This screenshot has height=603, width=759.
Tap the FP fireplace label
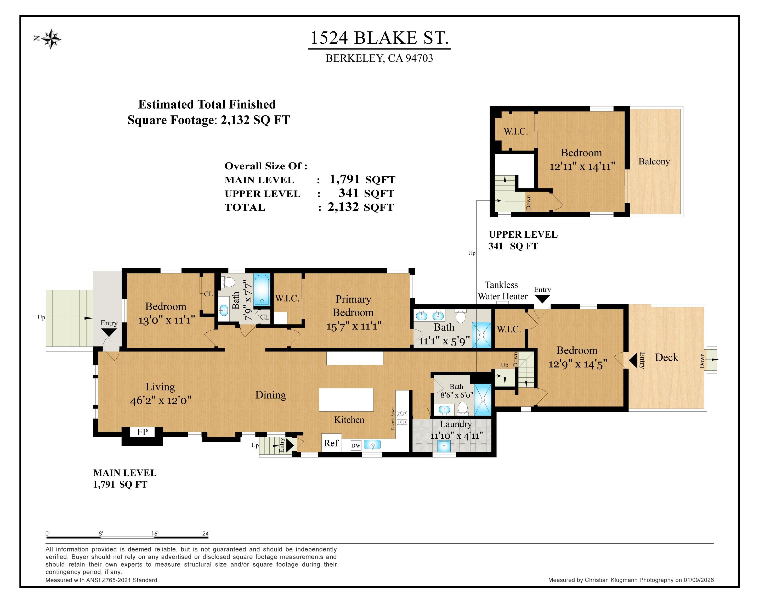(x=142, y=432)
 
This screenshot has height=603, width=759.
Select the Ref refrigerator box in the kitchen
(x=331, y=443)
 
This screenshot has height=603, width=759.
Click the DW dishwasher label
(x=356, y=445)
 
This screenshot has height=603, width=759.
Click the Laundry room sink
(x=444, y=446)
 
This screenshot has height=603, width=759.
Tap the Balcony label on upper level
(x=654, y=162)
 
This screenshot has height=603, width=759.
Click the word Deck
(x=666, y=358)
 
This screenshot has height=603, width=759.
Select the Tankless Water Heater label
(x=502, y=291)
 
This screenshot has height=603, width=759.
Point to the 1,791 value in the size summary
(x=344, y=179)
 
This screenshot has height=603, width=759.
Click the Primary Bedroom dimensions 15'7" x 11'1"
(x=354, y=326)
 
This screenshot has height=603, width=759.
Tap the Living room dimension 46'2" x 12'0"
(x=161, y=400)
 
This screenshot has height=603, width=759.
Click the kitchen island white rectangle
(x=346, y=399)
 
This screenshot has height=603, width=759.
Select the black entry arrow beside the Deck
(x=633, y=360)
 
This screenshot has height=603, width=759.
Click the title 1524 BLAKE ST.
(x=379, y=38)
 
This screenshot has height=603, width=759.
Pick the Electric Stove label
(x=393, y=418)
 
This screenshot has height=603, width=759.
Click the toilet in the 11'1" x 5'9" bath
(x=460, y=317)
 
